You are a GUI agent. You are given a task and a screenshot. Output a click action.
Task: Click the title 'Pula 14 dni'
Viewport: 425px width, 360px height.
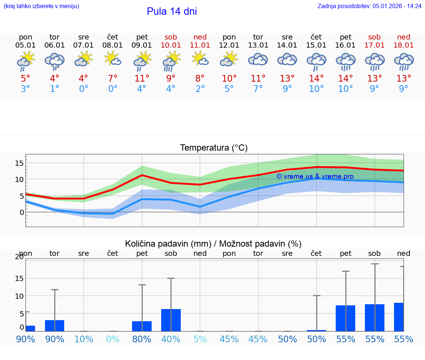172,11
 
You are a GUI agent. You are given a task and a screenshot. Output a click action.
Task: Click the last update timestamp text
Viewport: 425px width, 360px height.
369,6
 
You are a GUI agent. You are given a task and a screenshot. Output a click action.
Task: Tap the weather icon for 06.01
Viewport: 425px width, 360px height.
55,61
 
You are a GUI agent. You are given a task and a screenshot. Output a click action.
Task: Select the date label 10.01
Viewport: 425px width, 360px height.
171,45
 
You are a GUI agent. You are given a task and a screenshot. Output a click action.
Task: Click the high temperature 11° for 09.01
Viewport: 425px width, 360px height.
142,78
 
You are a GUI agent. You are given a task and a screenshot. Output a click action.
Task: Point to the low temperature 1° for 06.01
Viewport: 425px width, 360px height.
55,89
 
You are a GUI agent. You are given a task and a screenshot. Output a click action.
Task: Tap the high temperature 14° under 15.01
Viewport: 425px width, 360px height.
316,78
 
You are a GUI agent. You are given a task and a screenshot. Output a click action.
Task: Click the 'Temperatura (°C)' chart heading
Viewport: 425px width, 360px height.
214,148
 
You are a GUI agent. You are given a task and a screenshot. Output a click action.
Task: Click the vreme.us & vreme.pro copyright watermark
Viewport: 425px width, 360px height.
315,176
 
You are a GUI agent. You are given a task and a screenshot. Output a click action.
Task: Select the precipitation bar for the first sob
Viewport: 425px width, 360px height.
171,320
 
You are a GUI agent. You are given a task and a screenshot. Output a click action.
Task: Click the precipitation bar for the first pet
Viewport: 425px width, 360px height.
142,326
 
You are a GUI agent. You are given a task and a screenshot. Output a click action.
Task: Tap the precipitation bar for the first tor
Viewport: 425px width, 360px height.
55,326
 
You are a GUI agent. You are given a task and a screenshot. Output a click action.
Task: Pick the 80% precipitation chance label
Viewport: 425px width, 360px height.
142,339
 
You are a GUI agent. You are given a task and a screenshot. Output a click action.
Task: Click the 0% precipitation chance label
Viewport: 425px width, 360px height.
113,339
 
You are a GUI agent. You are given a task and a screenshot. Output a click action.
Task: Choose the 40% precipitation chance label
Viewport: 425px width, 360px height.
171,339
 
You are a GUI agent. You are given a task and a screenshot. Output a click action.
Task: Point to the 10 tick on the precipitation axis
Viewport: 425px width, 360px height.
20,296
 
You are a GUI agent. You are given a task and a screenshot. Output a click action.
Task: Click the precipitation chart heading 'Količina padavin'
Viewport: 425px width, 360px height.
168,244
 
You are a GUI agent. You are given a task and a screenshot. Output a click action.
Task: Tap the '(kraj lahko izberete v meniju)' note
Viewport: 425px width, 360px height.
41,6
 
